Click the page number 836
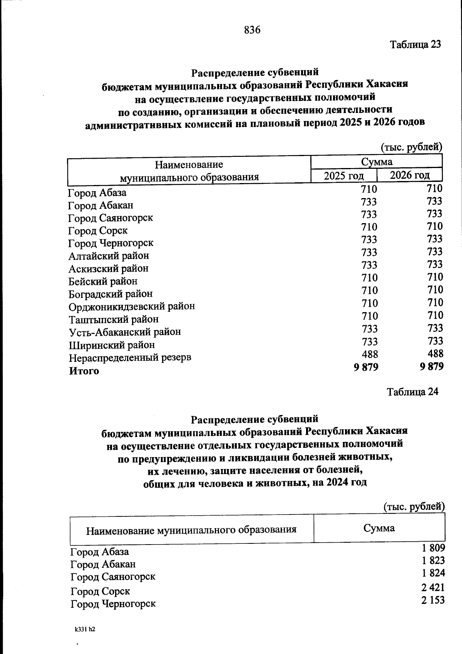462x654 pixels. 252,30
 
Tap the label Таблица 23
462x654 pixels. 415,44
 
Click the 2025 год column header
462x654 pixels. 343,176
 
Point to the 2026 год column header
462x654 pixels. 410,175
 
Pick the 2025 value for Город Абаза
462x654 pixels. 369,189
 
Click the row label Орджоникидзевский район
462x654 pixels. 132,306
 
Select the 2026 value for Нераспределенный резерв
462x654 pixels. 435,353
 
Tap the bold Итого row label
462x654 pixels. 84,371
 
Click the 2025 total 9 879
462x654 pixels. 366,367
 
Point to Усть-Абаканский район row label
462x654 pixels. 125,332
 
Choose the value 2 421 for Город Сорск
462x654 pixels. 433,587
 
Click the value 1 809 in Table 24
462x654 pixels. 433,548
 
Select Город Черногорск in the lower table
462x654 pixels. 113,604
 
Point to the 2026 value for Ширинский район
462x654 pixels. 435,341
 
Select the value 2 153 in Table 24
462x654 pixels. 433,600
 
